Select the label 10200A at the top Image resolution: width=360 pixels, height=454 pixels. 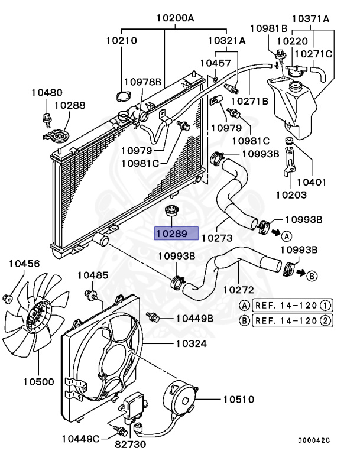pyautogui.click(x=175, y=18)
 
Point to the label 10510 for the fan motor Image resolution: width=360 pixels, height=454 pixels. pyautogui.click(x=238, y=400)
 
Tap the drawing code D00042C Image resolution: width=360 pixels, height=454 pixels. pyautogui.click(x=313, y=440)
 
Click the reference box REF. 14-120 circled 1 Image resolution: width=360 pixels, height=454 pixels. pyautogui.click(x=291, y=305)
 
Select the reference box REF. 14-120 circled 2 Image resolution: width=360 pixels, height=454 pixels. pyautogui.click(x=291, y=320)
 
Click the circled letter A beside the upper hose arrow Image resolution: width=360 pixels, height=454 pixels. pyautogui.click(x=286, y=236)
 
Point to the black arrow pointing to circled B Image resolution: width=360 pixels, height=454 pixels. pyautogui.click(x=301, y=273)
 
